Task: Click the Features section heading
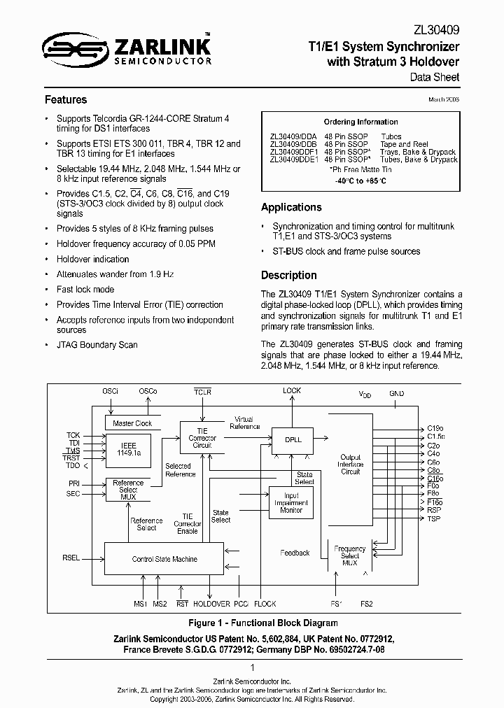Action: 66,99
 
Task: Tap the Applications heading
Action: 291,207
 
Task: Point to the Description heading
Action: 288,275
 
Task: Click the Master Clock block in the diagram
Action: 132,423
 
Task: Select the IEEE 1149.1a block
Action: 128,449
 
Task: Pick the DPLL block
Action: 293,440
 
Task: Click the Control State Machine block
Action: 164,559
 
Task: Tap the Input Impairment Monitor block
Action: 291,502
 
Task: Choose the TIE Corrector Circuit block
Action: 202,439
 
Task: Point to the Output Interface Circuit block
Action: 350,465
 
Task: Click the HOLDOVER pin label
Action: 211,603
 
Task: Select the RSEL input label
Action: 71,558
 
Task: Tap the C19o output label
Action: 435,427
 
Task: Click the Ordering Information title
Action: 360,122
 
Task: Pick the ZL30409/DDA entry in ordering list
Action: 293,137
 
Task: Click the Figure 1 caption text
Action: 253,623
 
